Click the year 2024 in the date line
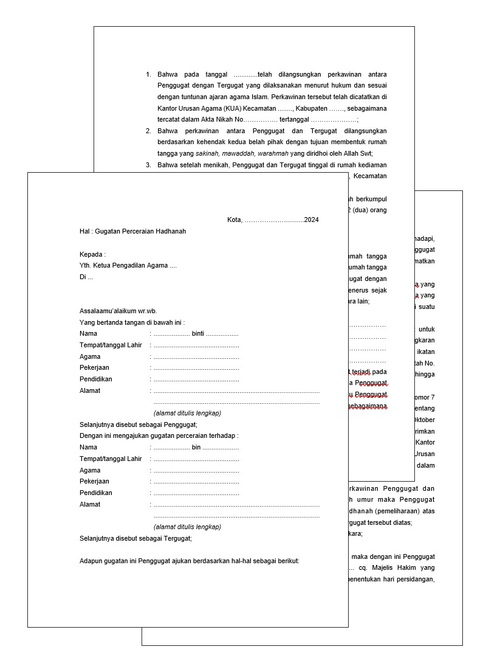pyautogui.click(x=311, y=220)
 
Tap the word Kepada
pyautogui.click(x=92, y=254)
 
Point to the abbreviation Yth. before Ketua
pyautogui.click(x=85, y=266)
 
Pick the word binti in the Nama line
pyautogui.click(x=197, y=333)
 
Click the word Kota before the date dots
pyautogui.click(x=234, y=220)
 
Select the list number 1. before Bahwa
pyautogui.click(x=148, y=74)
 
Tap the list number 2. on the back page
pyautogui.click(x=148, y=131)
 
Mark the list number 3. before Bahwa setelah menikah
pyautogui.click(x=148, y=165)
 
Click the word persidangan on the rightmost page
pyautogui.click(x=416, y=579)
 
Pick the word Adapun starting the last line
pyautogui.click(x=92, y=561)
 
